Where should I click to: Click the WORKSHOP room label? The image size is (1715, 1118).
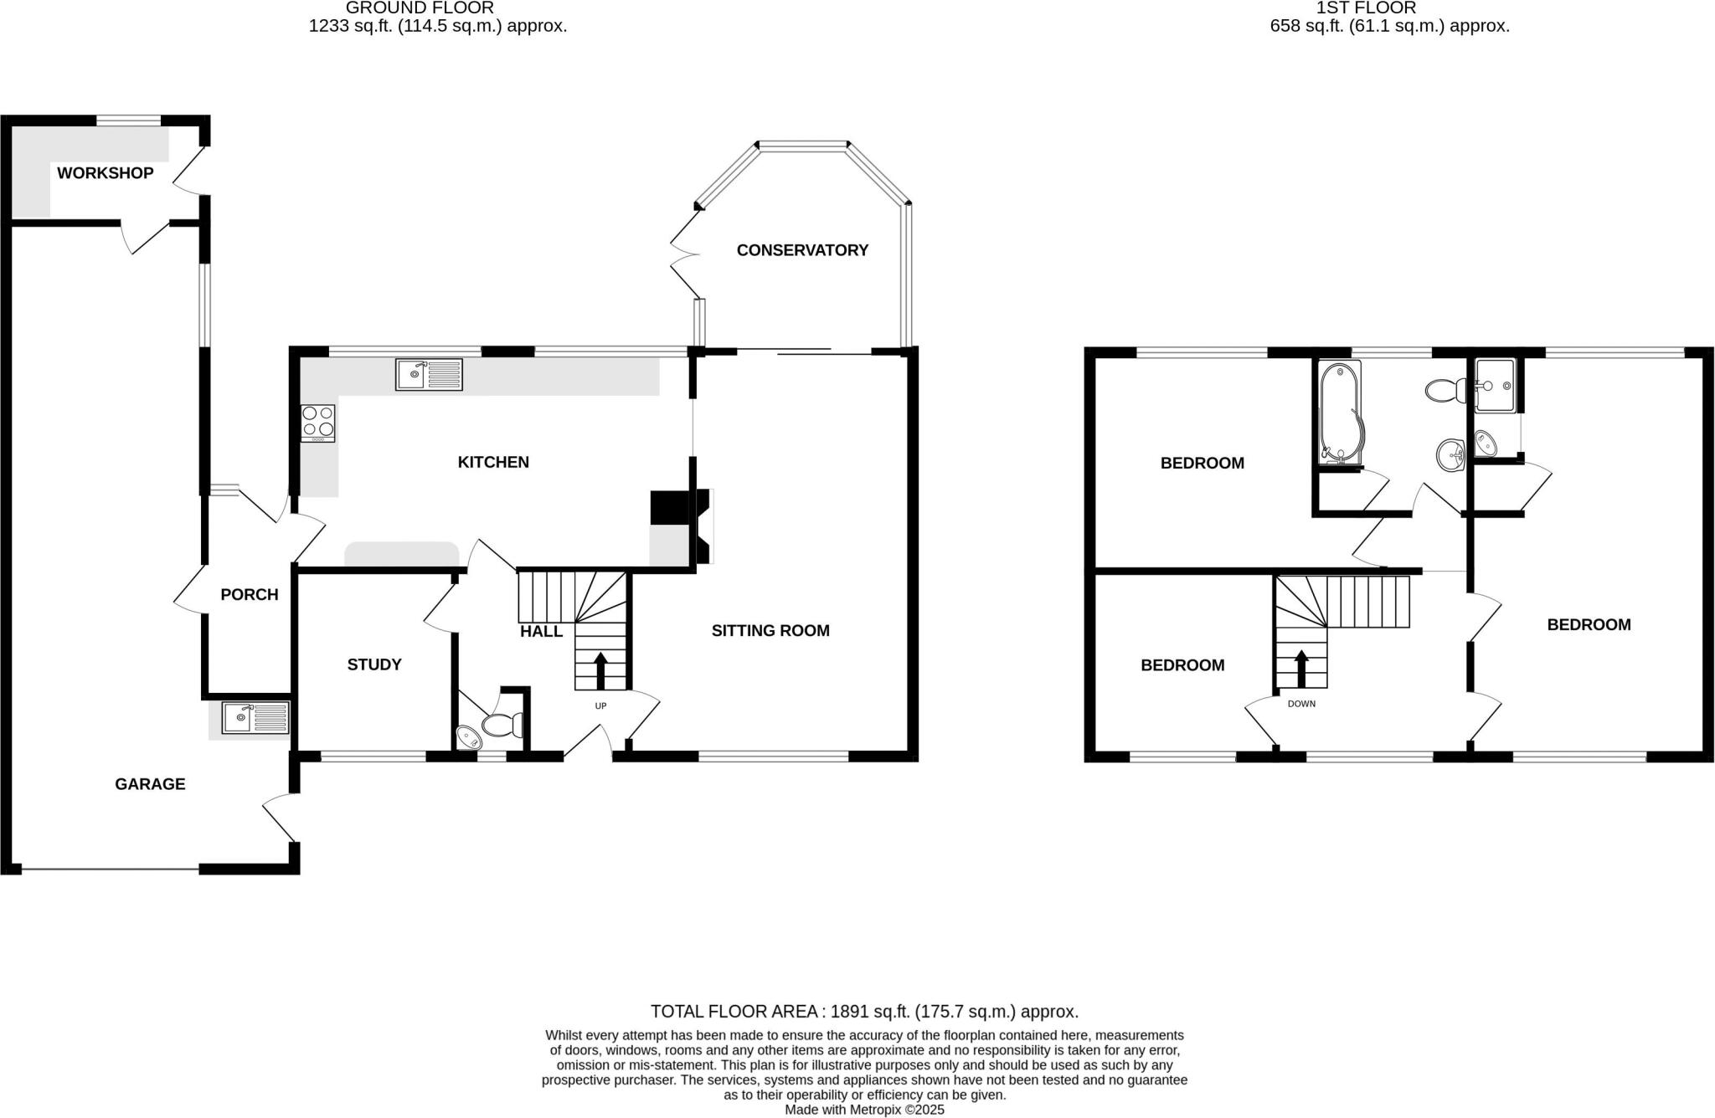click(x=106, y=173)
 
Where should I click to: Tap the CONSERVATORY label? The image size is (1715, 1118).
click(x=802, y=250)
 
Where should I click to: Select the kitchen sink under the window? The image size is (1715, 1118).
click(x=428, y=374)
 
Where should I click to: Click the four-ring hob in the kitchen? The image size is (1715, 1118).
click(x=318, y=423)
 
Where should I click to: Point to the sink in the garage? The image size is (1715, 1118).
click(x=255, y=718)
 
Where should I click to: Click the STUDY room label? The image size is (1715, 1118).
click(x=374, y=664)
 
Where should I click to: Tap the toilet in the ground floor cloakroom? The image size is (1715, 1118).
click(x=502, y=723)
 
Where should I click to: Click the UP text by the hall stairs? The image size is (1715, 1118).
click(x=600, y=706)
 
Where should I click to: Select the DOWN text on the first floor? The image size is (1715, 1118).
click(x=1301, y=704)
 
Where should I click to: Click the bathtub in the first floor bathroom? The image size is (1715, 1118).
click(x=1340, y=410)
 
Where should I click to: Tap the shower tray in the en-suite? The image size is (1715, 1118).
click(x=1496, y=386)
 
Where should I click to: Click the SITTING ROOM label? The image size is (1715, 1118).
click(x=770, y=631)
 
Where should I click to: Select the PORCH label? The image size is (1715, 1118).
click(x=250, y=595)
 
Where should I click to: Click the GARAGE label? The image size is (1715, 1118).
click(x=150, y=784)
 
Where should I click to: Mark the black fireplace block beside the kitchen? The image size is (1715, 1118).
click(x=669, y=507)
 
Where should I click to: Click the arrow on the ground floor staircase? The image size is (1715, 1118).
click(x=600, y=670)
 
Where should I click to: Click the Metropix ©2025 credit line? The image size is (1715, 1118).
click(x=864, y=1110)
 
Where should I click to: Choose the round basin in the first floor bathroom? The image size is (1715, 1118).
click(x=1450, y=456)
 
